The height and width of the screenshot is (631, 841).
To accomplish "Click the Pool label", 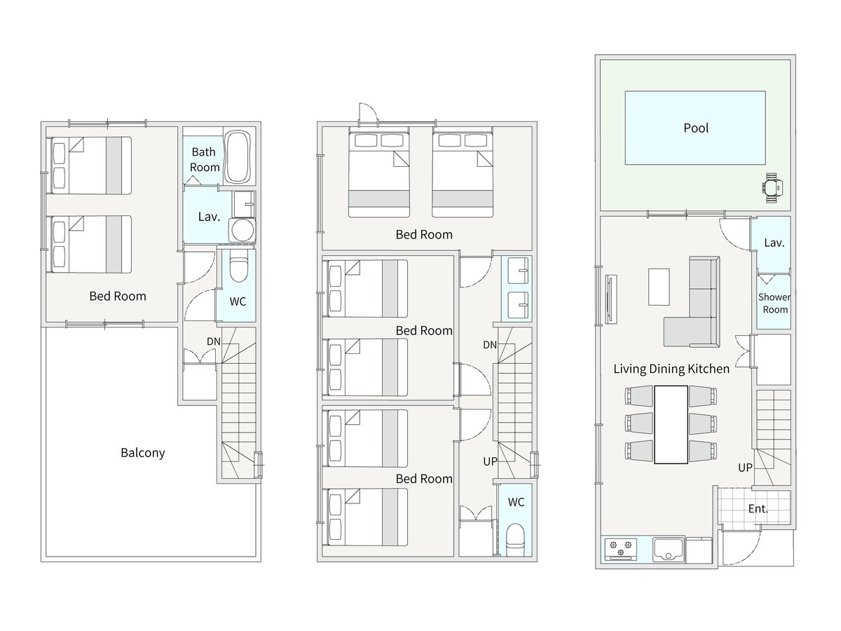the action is (696, 128).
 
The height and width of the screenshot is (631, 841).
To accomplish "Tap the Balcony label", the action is (142, 453).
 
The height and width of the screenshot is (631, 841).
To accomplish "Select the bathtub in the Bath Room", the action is (237, 158).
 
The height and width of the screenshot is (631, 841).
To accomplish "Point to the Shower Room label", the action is (774, 303).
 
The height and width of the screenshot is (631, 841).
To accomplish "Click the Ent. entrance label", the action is (758, 509).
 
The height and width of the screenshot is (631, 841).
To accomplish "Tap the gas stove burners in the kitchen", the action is (621, 549).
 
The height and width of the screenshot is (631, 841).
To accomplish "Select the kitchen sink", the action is (668, 550).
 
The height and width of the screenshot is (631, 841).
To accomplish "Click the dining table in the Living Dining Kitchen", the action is (671, 424).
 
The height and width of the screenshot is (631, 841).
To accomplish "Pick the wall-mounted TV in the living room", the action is (610, 299).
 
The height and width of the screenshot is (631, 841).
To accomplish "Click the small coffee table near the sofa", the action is (659, 287).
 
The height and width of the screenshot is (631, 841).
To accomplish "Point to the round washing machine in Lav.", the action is (242, 230).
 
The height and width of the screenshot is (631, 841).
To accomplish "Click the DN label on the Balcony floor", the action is (214, 341).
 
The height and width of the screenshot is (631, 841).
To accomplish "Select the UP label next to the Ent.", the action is (745, 468).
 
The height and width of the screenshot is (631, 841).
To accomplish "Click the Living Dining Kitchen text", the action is (671, 369).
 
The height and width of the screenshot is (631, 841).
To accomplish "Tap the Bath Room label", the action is (204, 160).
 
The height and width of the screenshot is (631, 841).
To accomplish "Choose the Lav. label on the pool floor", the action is (774, 243).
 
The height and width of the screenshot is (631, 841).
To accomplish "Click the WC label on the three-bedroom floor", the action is (516, 502).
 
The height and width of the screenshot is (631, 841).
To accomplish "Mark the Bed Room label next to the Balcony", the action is (118, 296).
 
